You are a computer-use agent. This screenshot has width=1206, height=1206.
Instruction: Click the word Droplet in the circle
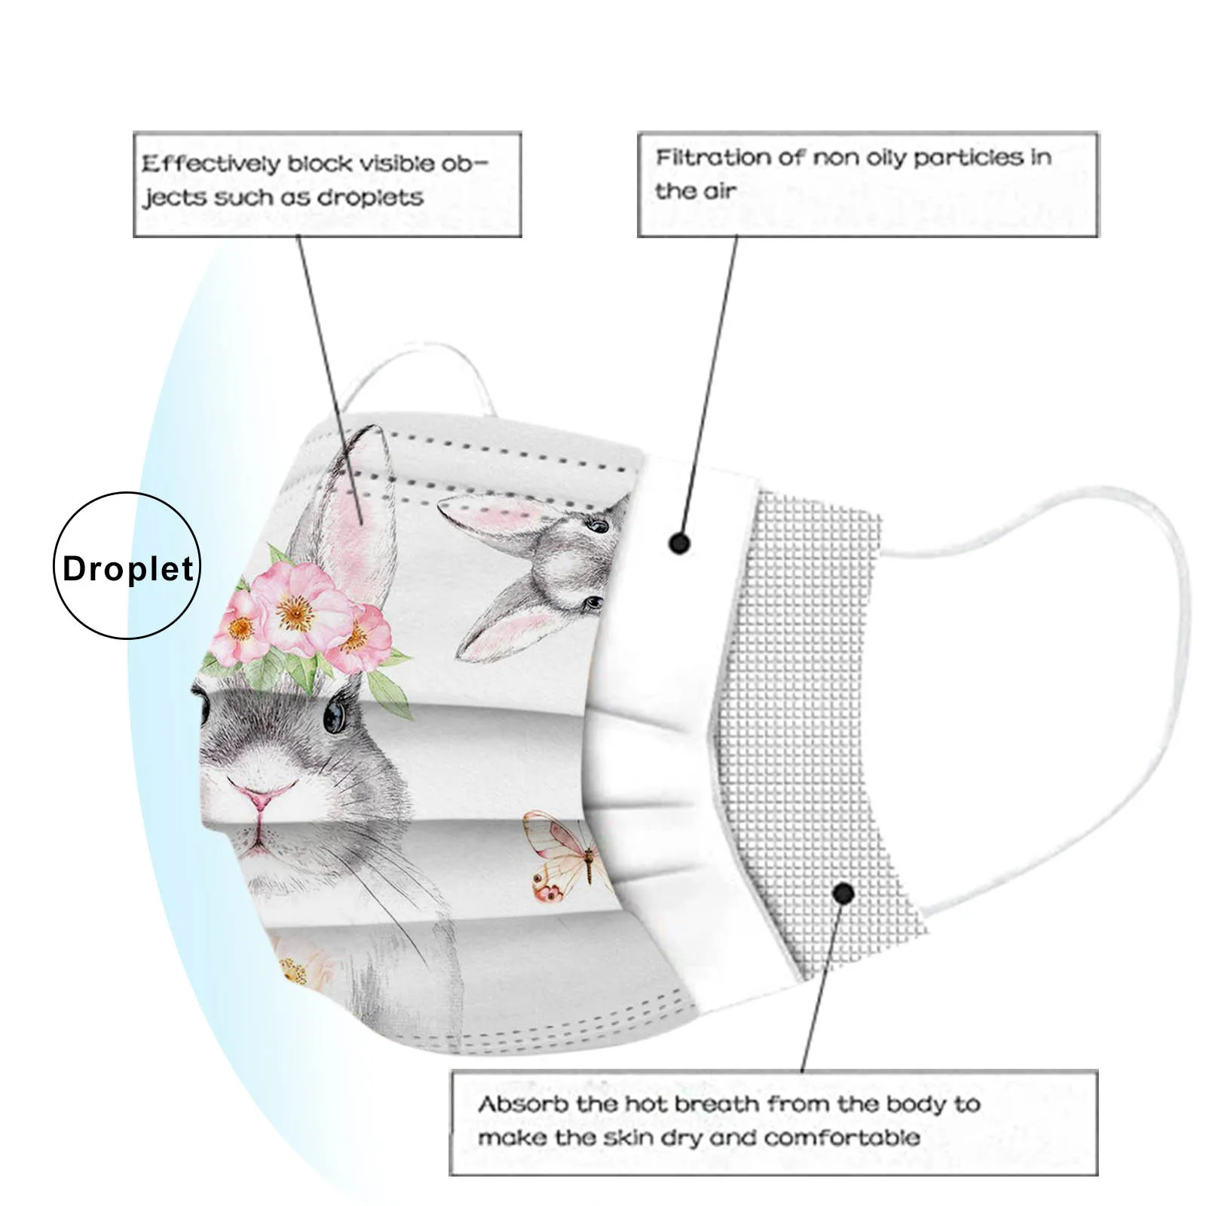point(128,569)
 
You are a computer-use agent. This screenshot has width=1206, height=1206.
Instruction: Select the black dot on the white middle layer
point(680,543)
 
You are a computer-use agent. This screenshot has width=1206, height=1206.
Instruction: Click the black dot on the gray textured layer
point(843,894)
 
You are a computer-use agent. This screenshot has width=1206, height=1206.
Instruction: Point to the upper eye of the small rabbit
point(599,525)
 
